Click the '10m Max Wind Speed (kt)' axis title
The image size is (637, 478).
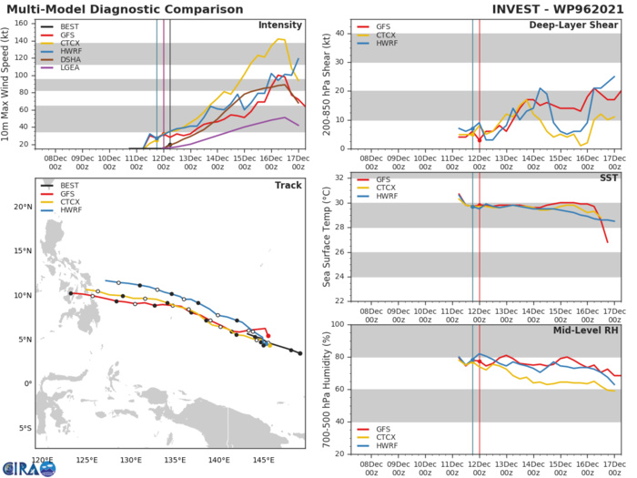10,84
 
